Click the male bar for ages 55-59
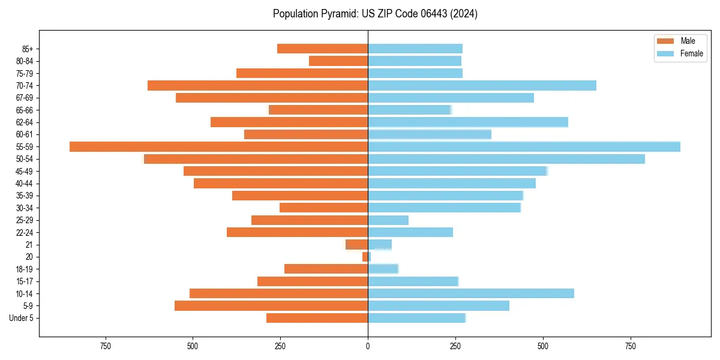[x=218, y=147]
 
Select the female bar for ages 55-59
[x=524, y=147]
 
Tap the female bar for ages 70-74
[x=482, y=86]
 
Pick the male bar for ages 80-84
[x=338, y=61]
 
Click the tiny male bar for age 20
[x=365, y=257]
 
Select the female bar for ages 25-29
[x=388, y=220]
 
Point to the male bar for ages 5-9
[x=271, y=306]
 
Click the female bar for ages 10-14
[x=471, y=293]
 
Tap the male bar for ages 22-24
[x=297, y=232]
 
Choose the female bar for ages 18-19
[x=383, y=269]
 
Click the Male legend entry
[x=680, y=41]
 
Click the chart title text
[x=375, y=14]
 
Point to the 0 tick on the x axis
[x=368, y=347]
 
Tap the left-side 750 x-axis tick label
[x=106, y=347]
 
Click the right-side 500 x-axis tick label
[x=543, y=347]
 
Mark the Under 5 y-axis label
[x=22, y=318]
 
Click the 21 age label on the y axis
[x=29, y=245]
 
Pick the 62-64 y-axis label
[x=25, y=122]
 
